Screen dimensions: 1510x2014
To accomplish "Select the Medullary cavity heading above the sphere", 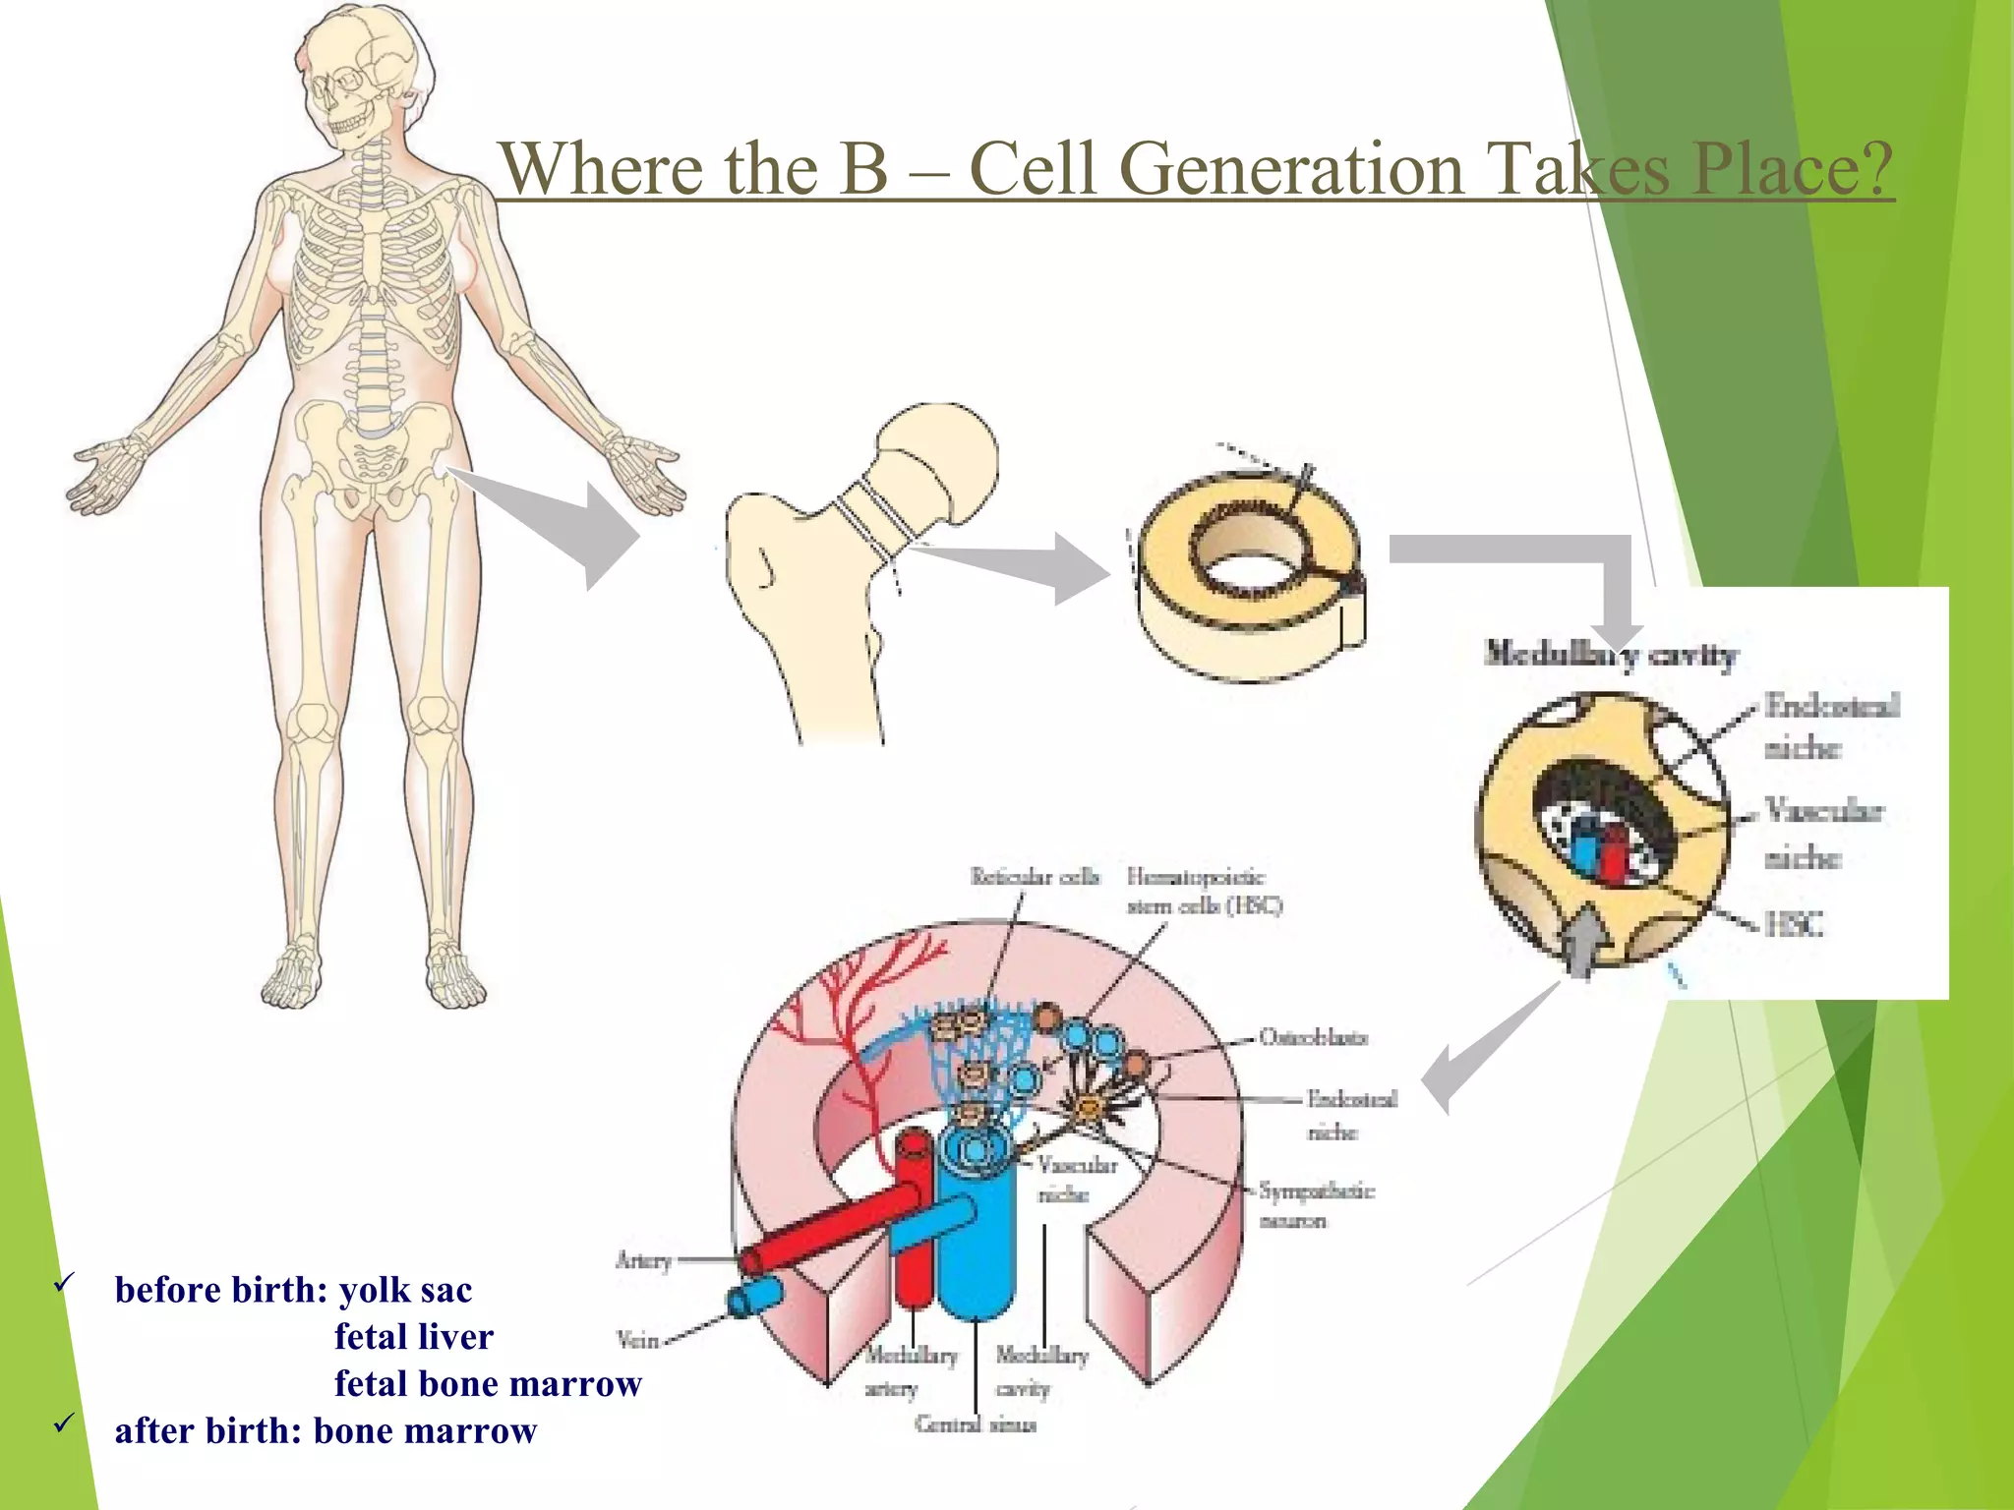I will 1610,655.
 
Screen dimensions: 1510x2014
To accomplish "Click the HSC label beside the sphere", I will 1794,924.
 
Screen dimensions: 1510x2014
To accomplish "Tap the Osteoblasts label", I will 1313,1037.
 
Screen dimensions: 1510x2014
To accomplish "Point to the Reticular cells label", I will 1034,876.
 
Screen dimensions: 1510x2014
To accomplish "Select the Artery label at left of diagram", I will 643,1260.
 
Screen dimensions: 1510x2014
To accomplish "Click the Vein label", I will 636,1339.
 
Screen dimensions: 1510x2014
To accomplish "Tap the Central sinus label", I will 976,1424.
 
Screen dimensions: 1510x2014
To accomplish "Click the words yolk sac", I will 405,1290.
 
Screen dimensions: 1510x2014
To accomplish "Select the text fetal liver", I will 413,1337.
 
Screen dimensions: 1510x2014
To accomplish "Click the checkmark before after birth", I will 65,1423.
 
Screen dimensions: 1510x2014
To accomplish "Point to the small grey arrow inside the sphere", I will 1582,939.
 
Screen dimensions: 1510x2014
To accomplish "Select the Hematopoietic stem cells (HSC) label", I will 1204,891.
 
